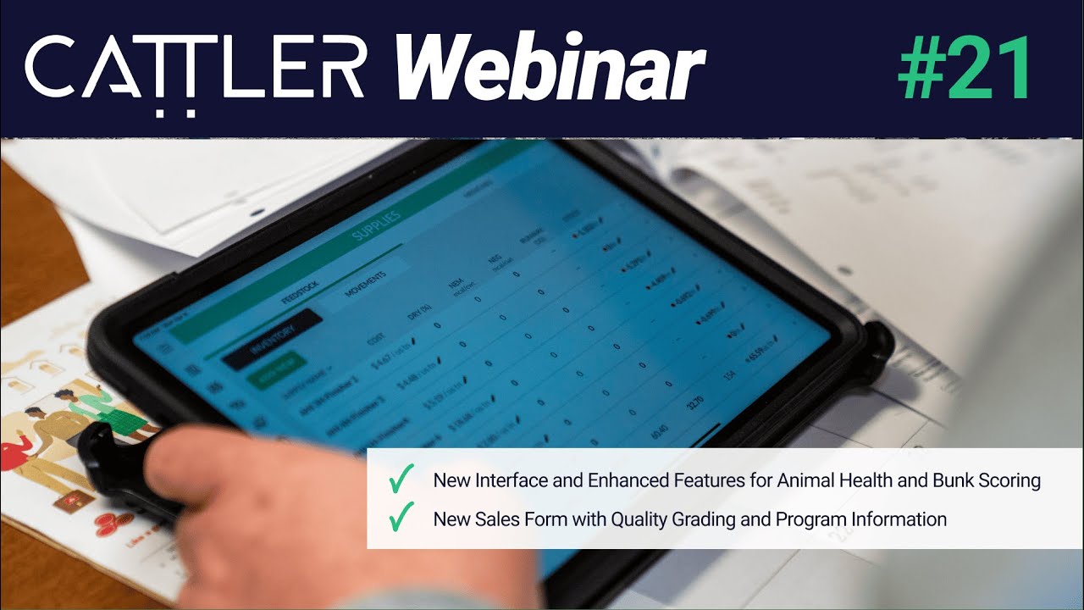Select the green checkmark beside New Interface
pyautogui.click(x=400, y=480)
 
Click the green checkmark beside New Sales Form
pyautogui.click(x=400, y=518)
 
